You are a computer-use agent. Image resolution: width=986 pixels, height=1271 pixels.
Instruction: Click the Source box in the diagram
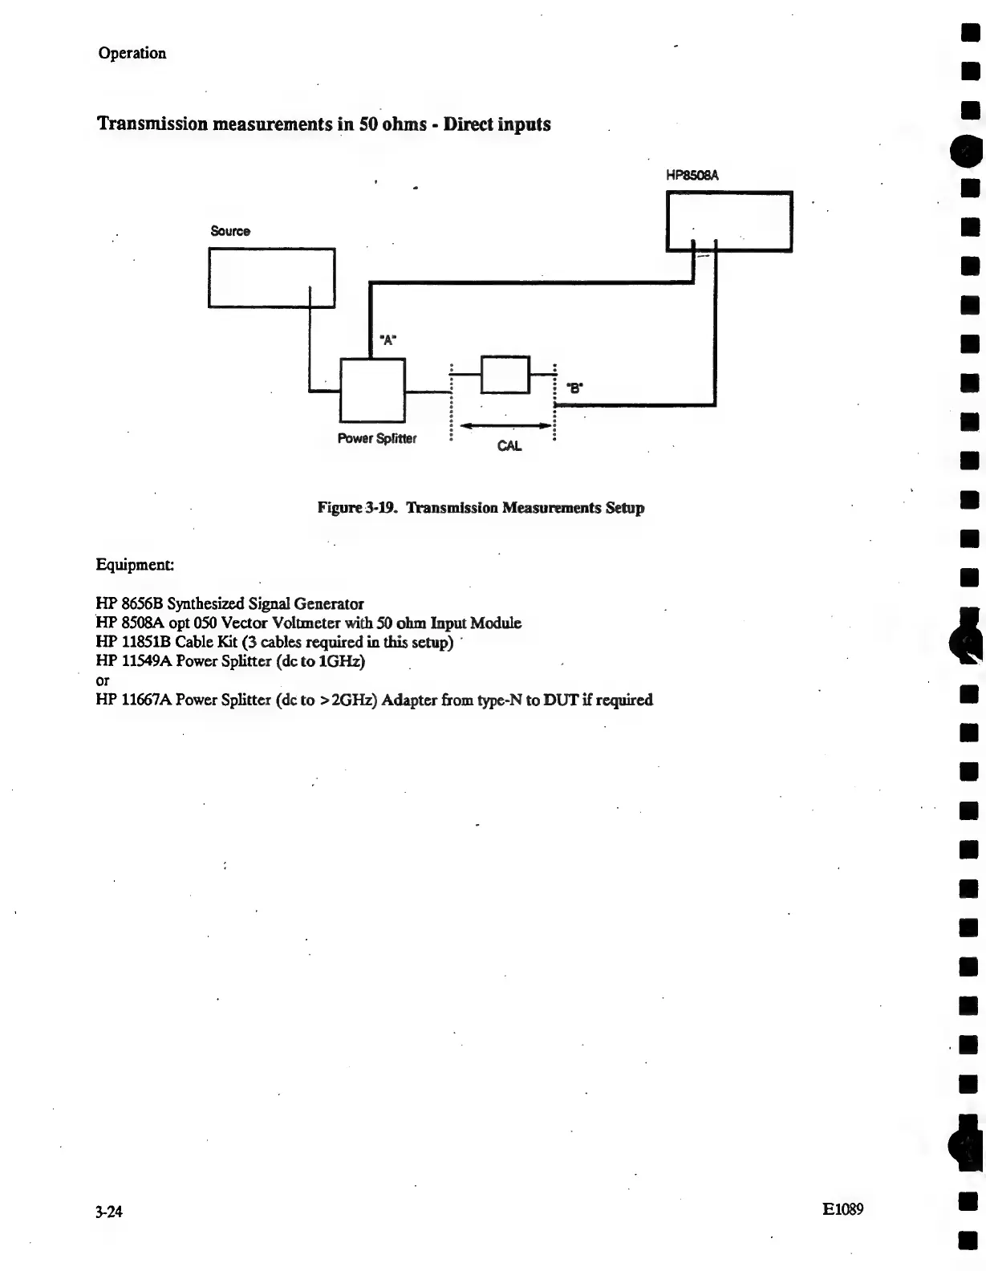(x=271, y=277)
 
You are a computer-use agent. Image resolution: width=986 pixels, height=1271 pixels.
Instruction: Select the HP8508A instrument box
(x=728, y=221)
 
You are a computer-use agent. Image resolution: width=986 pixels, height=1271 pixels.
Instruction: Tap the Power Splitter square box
(x=372, y=390)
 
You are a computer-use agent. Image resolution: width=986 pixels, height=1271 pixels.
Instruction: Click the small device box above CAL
(x=505, y=374)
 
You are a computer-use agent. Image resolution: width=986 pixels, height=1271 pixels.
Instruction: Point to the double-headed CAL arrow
(x=505, y=425)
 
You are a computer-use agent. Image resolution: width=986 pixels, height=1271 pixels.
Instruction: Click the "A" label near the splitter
(x=388, y=339)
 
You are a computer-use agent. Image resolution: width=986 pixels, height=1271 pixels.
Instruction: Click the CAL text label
(x=509, y=446)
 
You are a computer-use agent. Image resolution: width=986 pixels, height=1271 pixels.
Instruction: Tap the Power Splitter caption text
(x=376, y=438)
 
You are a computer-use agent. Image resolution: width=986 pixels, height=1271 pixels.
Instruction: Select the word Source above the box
(x=230, y=231)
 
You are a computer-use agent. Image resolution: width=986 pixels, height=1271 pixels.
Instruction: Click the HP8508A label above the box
(x=692, y=174)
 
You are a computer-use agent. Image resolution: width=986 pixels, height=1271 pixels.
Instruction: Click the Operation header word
(x=132, y=53)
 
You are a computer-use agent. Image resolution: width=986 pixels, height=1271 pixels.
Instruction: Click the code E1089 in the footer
(x=842, y=1208)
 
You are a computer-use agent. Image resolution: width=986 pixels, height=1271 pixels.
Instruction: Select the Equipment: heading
(x=134, y=564)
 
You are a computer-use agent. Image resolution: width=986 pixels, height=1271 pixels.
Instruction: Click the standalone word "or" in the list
(x=102, y=680)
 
